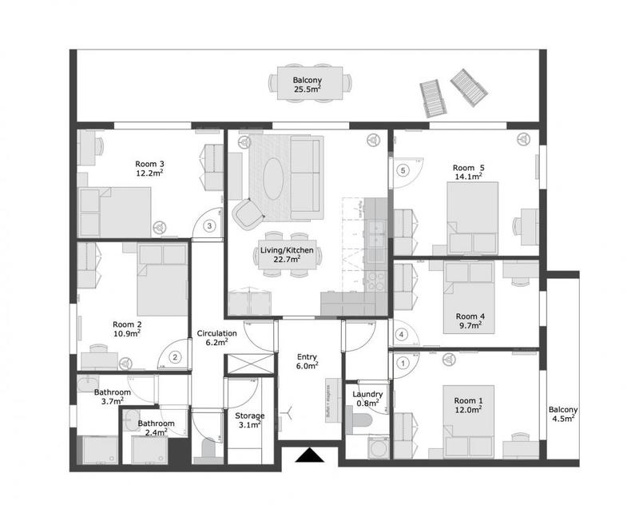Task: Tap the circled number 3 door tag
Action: click(209, 226)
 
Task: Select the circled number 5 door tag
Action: click(403, 170)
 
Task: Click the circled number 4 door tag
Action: click(402, 334)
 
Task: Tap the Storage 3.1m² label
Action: click(250, 420)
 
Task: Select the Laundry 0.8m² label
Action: click(367, 399)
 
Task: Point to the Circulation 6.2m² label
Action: click(216, 338)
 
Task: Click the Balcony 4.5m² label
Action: click(563, 415)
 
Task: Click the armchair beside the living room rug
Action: click(248, 213)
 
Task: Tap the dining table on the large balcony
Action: click(308, 84)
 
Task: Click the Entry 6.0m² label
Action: click(308, 360)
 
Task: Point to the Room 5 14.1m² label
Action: click(469, 172)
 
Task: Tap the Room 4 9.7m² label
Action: click(470, 320)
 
